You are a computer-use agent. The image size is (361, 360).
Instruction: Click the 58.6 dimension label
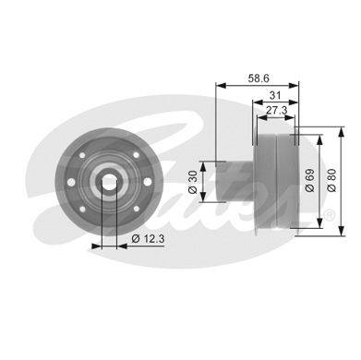click(x=259, y=78)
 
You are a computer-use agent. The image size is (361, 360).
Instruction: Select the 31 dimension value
click(x=275, y=95)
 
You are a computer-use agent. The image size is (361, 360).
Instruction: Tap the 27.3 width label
click(x=276, y=110)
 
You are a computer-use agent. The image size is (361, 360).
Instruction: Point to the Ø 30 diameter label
click(x=193, y=182)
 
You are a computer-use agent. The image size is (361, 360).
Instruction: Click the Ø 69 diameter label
click(x=310, y=181)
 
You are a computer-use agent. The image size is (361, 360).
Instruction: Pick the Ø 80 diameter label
click(x=332, y=181)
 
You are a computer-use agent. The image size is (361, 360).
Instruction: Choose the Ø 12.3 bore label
click(x=148, y=238)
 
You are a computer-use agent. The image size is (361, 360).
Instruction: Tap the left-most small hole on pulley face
click(x=71, y=182)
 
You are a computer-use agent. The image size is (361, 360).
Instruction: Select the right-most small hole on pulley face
click(x=148, y=182)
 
